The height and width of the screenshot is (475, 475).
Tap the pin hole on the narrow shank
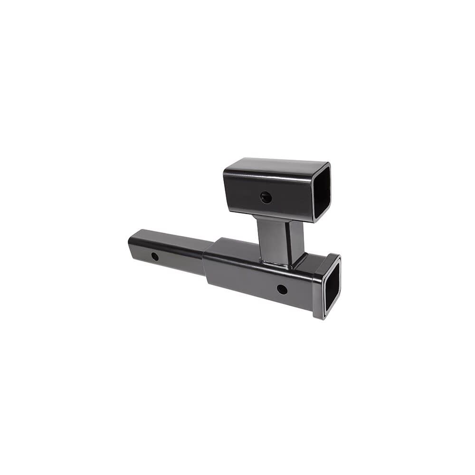pyautogui.click(x=155, y=256)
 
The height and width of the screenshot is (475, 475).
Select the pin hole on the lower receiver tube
pyautogui.click(x=282, y=289)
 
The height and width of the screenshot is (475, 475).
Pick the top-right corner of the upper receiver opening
pyautogui.click(x=329, y=164)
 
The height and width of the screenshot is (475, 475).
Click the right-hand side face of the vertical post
pyautogui.click(x=297, y=242)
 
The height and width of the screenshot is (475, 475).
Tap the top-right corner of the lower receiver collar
pyautogui.click(x=339, y=256)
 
